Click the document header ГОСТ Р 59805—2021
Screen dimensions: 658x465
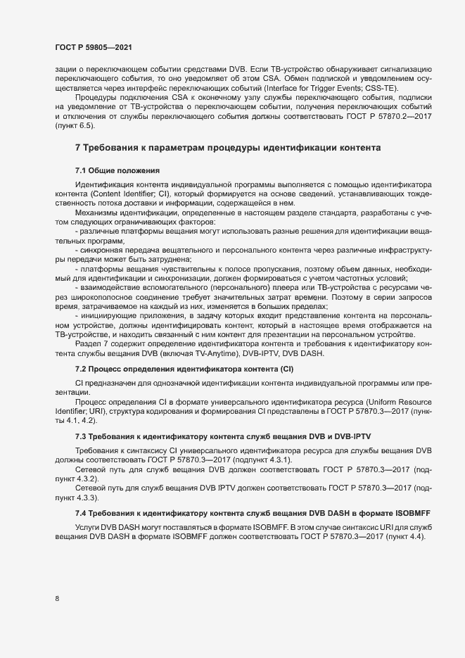(92, 47)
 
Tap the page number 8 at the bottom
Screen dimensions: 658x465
(57, 599)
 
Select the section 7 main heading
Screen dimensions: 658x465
(228, 147)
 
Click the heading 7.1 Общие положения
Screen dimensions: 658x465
(118, 171)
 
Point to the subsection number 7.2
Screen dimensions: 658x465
(82, 369)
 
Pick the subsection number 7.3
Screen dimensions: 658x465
(82, 437)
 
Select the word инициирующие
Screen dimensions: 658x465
(105, 315)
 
